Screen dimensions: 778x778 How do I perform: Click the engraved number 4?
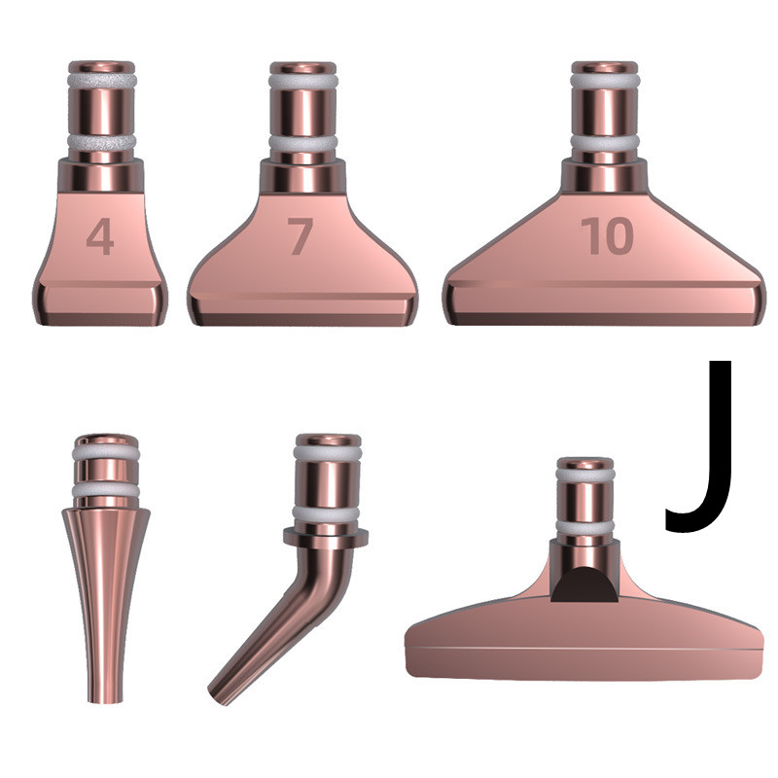click(x=100, y=236)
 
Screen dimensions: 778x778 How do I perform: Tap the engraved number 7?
click(x=301, y=236)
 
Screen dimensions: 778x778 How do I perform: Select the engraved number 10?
click(x=607, y=235)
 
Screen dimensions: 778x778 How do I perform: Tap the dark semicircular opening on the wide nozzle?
click(x=584, y=585)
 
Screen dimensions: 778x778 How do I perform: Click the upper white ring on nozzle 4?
click(x=102, y=81)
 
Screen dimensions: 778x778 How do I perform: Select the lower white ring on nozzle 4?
click(x=102, y=143)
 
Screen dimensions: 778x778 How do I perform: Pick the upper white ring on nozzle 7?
click(x=303, y=81)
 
